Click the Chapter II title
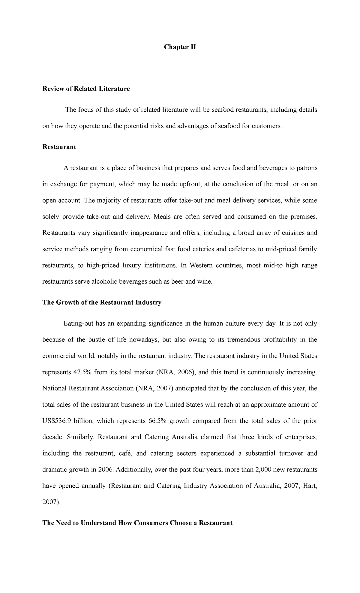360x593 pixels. [180, 47]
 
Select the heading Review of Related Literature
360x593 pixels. [86, 89]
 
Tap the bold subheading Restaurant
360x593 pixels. [59, 147]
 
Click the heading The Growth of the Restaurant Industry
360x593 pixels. [102, 302]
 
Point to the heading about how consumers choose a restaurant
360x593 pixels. [137, 523]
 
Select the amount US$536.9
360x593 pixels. [56, 421]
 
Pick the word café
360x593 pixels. [125, 453]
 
